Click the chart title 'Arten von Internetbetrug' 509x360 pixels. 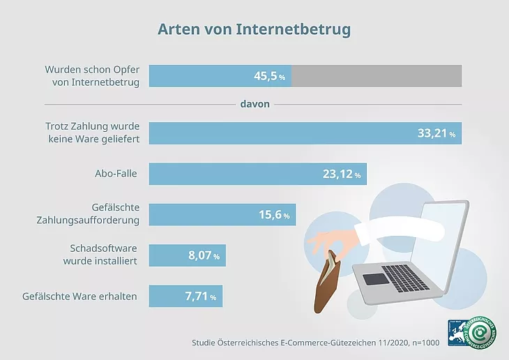254,30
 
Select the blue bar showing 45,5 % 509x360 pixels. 220,76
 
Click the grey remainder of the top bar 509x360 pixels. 377,76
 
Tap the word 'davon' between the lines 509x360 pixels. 255,104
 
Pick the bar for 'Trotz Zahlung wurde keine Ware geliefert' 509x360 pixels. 279,133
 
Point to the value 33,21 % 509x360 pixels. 436,134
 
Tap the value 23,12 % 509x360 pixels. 342,175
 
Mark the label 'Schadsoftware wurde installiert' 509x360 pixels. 103,255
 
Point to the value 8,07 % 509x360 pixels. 204,256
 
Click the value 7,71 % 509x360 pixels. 200,297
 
